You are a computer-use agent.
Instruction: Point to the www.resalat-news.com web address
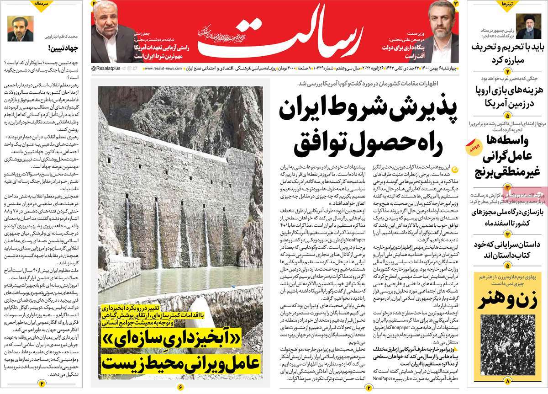tap(165, 68)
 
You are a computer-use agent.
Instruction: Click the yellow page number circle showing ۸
tap(506, 381)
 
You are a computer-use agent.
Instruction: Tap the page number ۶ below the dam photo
tap(179, 388)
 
